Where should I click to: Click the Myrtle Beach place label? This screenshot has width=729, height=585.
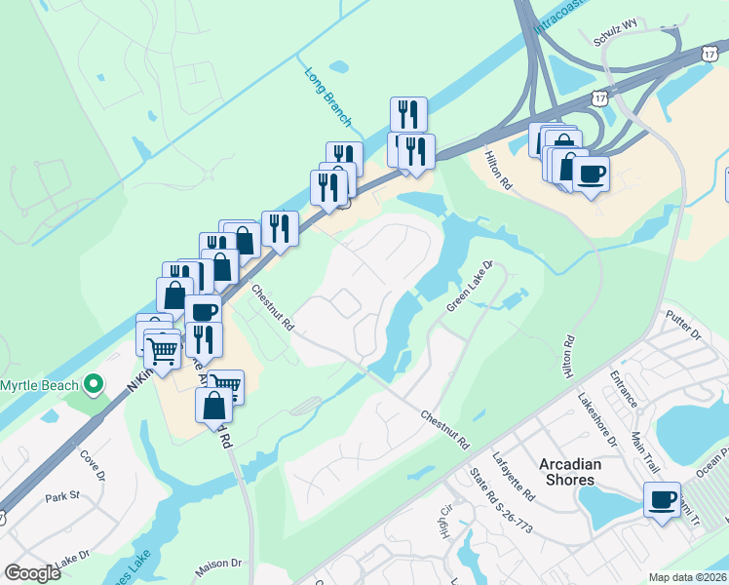39,385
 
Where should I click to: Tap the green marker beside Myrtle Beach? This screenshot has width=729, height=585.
95,385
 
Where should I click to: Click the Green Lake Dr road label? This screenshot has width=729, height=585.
472,286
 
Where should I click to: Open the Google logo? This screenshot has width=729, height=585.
32,573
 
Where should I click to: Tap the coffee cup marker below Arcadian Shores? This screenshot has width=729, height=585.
662,500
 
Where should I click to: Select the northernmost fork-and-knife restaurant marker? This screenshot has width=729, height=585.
408,115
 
